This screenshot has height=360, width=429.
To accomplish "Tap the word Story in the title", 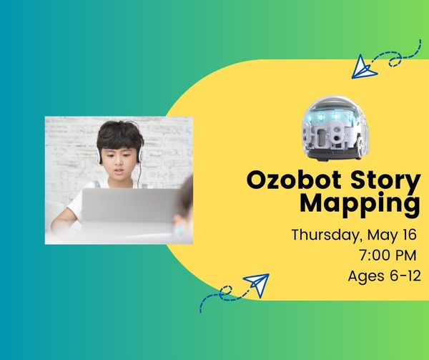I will (383, 180).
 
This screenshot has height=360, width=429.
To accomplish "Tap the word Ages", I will (365, 275).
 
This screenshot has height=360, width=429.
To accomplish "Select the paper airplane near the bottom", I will (255, 284).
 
